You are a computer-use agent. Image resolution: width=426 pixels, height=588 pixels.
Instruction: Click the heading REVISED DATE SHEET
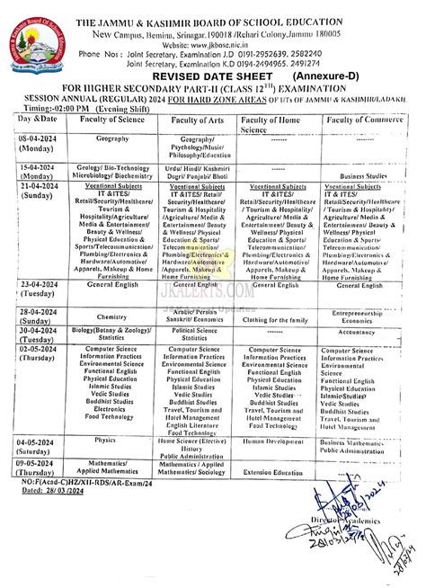point(211,76)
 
